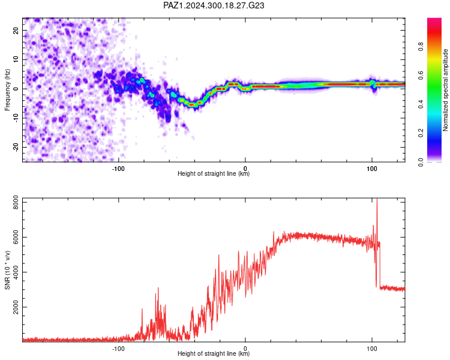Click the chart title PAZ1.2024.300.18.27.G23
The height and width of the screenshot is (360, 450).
pyautogui.click(x=214, y=5)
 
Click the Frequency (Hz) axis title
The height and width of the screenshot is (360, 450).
pyautogui.click(x=7, y=90)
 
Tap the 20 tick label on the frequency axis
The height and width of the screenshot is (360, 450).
pyautogui.click(x=16, y=30)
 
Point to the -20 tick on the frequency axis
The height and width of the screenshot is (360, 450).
pyautogui.click(x=16, y=147)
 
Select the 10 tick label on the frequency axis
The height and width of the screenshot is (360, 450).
pyautogui.click(x=16, y=59)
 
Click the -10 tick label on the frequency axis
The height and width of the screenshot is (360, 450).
pyautogui.click(x=16, y=118)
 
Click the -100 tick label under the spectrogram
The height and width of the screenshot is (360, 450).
pyautogui.click(x=118, y=169)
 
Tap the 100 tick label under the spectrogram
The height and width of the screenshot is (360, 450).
pyautogui.click(x=371, y=169)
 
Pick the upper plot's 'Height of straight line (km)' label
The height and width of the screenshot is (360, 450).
pyautogui.click(x=214, y=173)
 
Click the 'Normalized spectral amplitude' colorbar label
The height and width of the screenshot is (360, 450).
pyautogui.click(x=445, y=90)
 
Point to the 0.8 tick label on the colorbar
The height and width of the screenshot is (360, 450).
pyautogui.click(x=421, y=47)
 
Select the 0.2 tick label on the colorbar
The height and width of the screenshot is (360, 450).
pyautogui.click(x=421, y=133)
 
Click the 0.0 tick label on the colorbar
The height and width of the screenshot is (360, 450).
pyautogui.click(x=421, y=162)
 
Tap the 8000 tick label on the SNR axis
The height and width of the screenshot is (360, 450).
pyautogui.click(x=16, y=202)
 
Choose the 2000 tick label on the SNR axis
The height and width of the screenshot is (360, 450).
pyautogui.click(x=16, y=307)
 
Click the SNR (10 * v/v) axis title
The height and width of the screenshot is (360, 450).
pyautogui.click(x=7, y=270)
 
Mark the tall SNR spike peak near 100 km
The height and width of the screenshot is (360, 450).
pyautogui.click(x=377, y=199)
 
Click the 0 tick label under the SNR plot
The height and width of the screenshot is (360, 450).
pyautogui.click(x=245, y=349)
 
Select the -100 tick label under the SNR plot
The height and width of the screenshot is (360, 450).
pyautogui.click(x=118, y=349)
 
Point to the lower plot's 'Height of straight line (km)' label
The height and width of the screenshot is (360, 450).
pyautogui.click(x=214, y=353)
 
